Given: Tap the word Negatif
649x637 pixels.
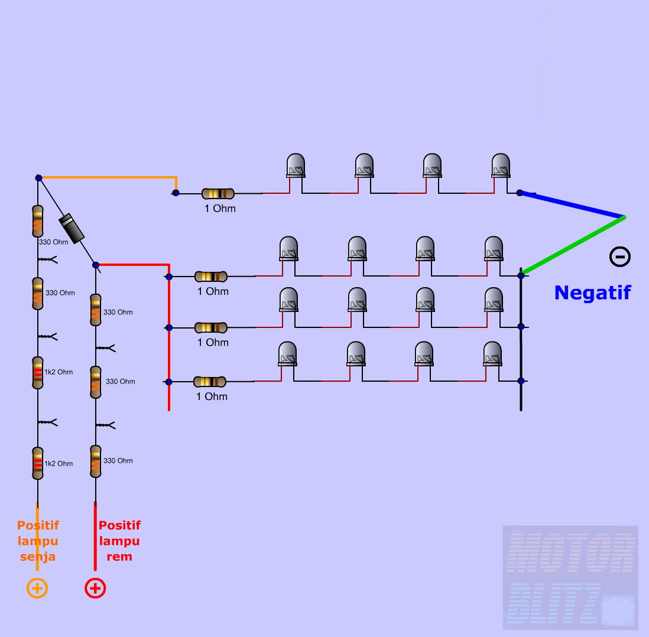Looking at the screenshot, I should pyautogui.click(x=592, y=292).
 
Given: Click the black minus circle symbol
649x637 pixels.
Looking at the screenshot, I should pyautogui.click(x=620, y=256).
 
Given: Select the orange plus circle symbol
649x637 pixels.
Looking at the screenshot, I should pyautogui.click(x=37, y=588).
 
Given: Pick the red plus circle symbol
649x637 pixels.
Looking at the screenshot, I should pyautogui.click(x=95, y=588).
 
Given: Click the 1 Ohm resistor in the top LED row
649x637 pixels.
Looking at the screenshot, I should pyautogui.click(x=218, y=193).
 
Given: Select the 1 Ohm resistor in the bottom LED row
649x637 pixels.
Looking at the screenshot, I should pyautogui.click(x=210, y=382).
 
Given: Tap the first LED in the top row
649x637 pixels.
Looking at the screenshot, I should pyautogui.click(x=296, y=166).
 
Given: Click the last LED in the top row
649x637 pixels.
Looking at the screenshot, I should pyautogui.click(x=501, y=166).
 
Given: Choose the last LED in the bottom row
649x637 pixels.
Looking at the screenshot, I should pyautogui.click(x=492, y=354).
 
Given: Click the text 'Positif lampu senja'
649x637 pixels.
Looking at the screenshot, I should pyautogui.click(x=38, y=541).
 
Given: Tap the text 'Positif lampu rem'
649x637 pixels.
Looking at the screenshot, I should pyautogui.click(x=119, y=541).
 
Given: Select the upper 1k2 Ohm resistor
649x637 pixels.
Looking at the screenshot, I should pyautogui.click(x=38, y=372).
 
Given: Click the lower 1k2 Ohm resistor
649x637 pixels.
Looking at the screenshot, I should pyautogui.click(x=38, y=463).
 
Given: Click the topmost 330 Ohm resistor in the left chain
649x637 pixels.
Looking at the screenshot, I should pyautogui.click(x=38, y=220).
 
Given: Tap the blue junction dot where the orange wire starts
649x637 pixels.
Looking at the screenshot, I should pyautogui.click(x=38, y=178).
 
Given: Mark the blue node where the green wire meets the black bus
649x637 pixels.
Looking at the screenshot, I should pyautogui.click(x=521, y=275).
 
